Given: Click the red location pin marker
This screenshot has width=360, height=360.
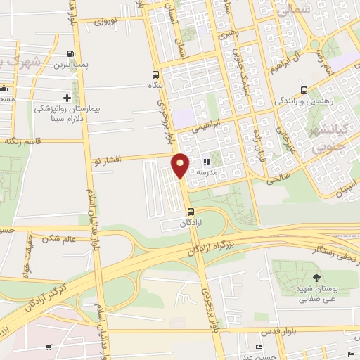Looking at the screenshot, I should point(181,165).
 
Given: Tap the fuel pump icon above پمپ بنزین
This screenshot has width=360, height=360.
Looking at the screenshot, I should point(70,54).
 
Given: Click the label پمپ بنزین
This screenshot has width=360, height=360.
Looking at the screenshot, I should point(70,65).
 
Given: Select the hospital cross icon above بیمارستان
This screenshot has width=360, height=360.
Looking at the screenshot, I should point(67,98).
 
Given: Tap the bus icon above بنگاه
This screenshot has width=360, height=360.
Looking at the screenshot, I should point(155,75).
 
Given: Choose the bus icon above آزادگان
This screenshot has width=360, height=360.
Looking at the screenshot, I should point(190,212).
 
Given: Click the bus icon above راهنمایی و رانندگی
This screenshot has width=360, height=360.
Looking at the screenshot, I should point(304,90).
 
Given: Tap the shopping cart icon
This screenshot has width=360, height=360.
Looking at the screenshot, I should point(48,347).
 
